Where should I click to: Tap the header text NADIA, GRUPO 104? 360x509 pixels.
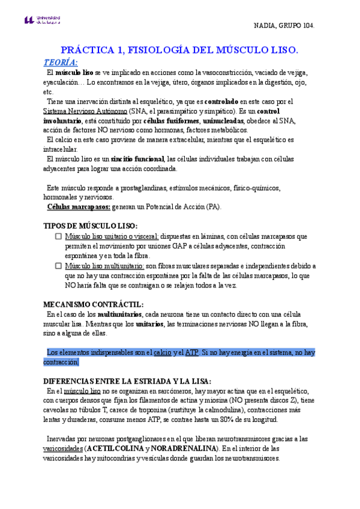click(x=284, y=26)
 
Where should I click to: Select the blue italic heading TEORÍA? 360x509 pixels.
click(x=61, y=62)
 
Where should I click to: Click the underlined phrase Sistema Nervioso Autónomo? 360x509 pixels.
click(x=85, y=111)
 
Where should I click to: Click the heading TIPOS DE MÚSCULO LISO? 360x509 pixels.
click(x=91, y=226)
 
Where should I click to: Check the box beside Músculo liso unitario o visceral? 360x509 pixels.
click(x=58, y=237)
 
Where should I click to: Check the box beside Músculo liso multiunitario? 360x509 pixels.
click(x=58, y=265)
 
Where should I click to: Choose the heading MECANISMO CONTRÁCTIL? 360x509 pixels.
click(x=94, y=304)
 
